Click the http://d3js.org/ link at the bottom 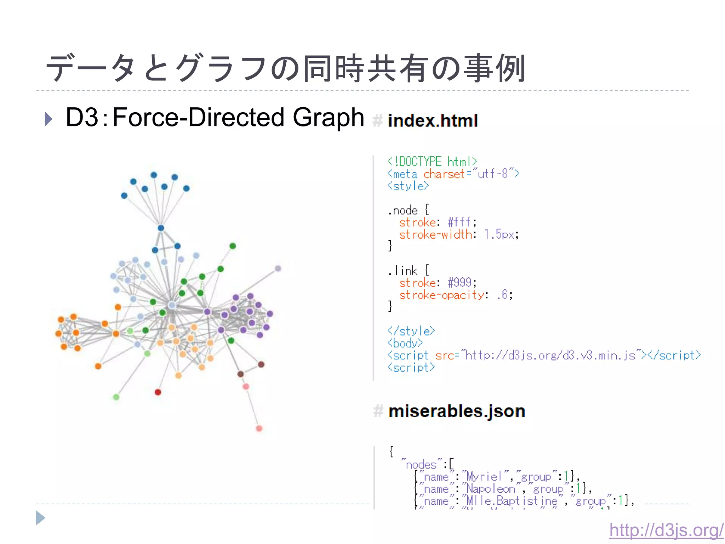coord(666,530)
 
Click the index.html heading coord(433,121)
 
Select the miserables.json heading coord(456,412)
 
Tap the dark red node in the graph coord(158,392)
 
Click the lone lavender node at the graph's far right coord(278,268)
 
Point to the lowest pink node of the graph coord(259,429)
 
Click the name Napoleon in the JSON coord(491,489)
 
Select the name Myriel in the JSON coord(484,477)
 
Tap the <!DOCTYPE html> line coord(432,162)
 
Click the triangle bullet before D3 coord(49,119)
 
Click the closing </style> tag coord(411,331)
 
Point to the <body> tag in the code coord(405,343)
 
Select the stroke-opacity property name coord(441,295)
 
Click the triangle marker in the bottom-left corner coord(40,518)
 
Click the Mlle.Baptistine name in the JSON coord(512,501)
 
